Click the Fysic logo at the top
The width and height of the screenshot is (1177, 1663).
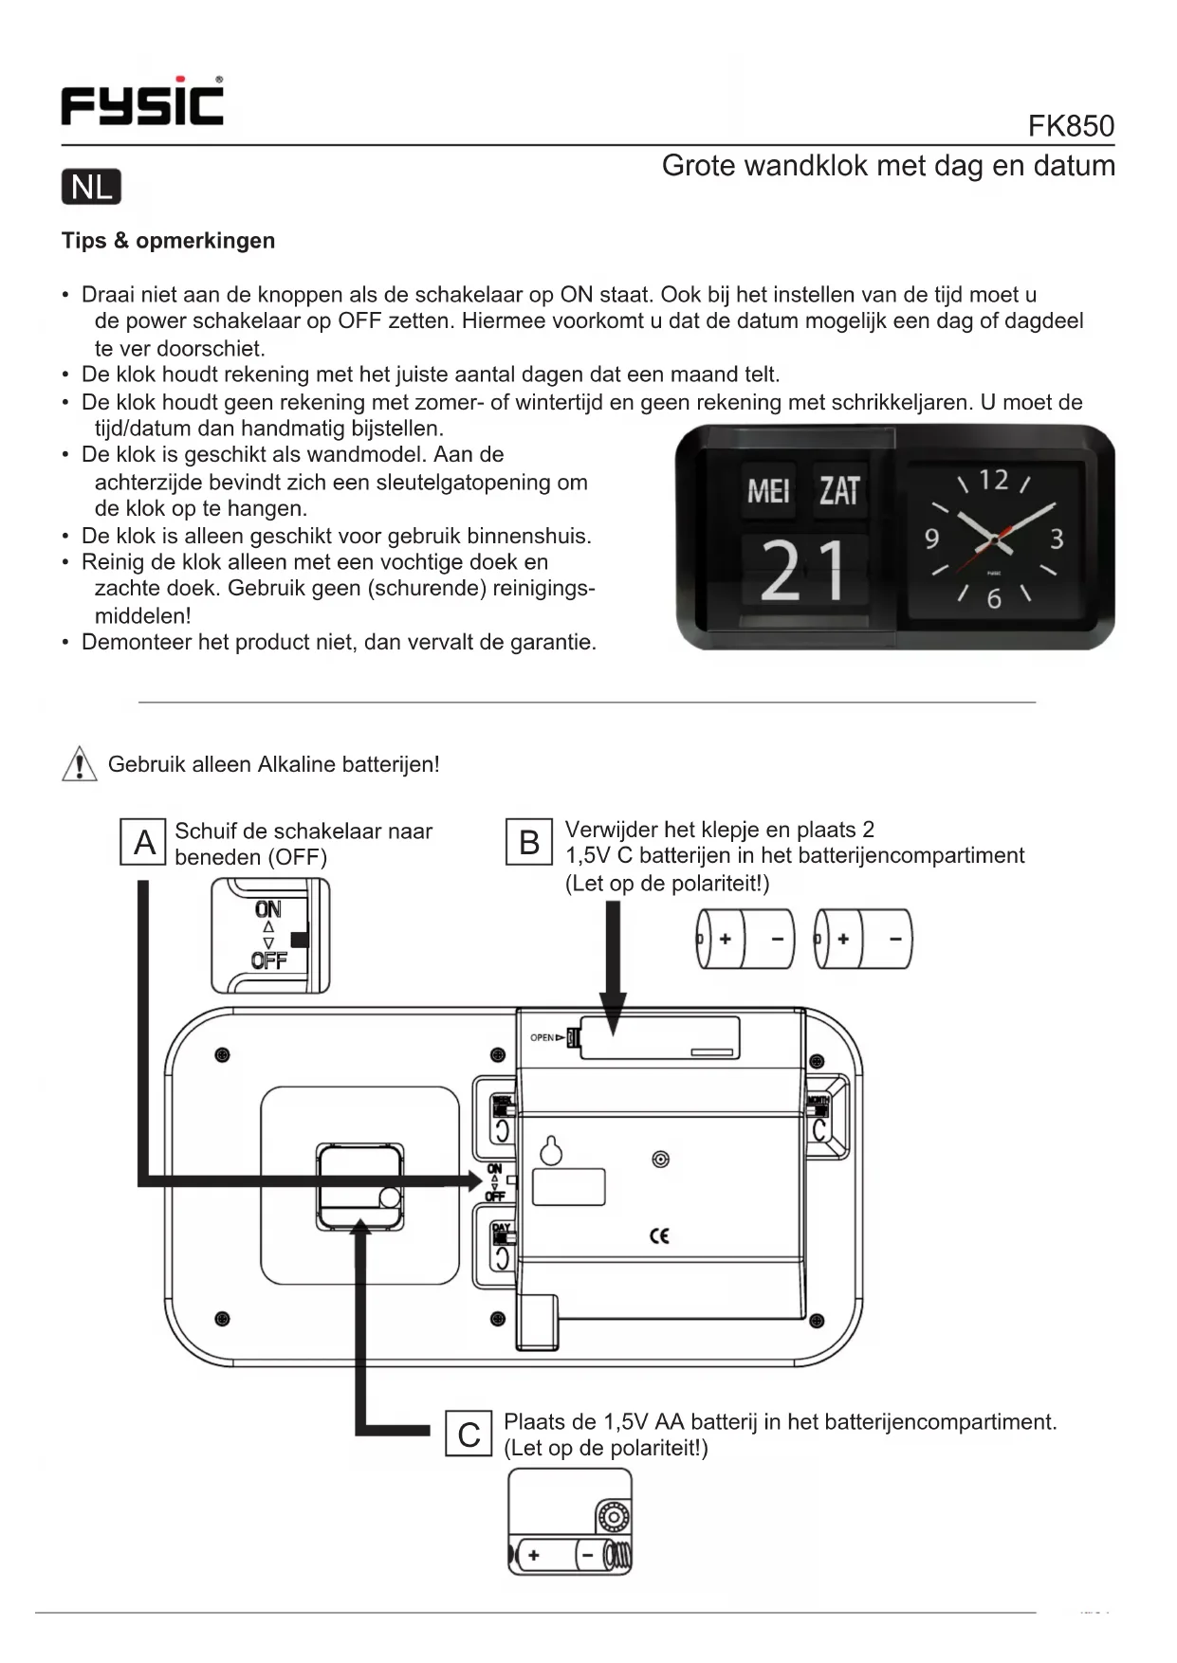[142, 101]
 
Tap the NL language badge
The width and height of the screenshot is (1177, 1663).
[91, 187]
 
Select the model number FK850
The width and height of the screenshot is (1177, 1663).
[1071, 126]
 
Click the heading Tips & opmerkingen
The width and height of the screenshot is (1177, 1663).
[168, 241]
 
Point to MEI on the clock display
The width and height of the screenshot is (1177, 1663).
[768, 491]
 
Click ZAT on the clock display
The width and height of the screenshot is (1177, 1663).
[839, 491]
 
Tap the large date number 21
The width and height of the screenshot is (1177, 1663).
[803, 571]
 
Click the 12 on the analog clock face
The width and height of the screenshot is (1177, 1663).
[993, 480]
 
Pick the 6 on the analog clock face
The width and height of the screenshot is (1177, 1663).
[993, 599]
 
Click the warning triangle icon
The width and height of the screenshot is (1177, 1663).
[80, 763]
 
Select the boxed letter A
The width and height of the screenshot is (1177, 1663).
[144, 842]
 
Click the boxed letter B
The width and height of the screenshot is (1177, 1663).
[529, 842]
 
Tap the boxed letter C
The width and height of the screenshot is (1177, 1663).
[469, 1434]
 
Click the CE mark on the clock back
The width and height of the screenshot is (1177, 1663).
[659, 1235]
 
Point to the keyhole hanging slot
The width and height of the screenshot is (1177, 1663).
[551, 1151]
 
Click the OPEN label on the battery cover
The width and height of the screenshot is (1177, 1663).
[543, 1037]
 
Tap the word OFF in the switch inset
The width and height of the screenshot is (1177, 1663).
[268, 960]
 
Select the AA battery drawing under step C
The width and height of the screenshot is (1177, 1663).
[570, 1555]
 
